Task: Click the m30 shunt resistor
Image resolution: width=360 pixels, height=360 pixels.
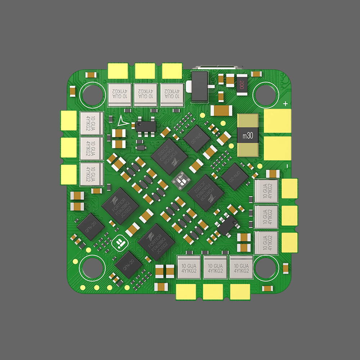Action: tap(248, 136)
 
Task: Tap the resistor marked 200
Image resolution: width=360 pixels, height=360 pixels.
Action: tap(242, 85)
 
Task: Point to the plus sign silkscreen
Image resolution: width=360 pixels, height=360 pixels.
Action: tap(285, 104)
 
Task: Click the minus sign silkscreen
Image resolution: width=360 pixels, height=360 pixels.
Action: tap(287, 166)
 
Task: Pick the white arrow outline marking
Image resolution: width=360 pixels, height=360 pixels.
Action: tap(122, 122)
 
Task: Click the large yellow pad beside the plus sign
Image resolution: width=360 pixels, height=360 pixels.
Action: tap(277, 121)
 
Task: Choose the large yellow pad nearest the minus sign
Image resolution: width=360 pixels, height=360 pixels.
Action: tap(277, 148)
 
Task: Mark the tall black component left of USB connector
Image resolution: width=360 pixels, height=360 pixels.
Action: tap(200, 86)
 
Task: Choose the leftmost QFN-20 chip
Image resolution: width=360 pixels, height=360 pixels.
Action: tap(90, 226)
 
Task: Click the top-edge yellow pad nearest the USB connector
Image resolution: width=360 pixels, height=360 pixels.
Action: tap(172, 71)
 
